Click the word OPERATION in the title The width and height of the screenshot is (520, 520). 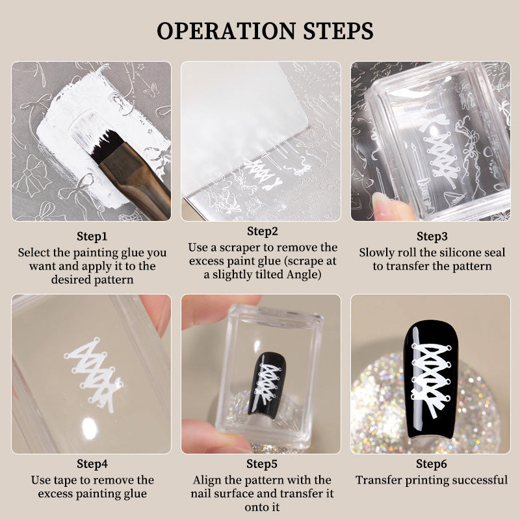coord(226,31)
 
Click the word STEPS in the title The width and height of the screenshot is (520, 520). coord(338,31)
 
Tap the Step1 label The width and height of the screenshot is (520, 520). coord(92,237)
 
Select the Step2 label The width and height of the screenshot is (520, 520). coord(262,231)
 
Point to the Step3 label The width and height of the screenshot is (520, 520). coord(432,237)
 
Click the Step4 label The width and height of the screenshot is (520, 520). coord(92,464)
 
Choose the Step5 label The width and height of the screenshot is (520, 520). coord(262,464)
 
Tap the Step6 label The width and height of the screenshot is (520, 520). coord(432,464)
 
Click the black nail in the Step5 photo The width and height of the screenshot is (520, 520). coord(267,385)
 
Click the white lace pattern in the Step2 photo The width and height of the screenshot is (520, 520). coord(263,174)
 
